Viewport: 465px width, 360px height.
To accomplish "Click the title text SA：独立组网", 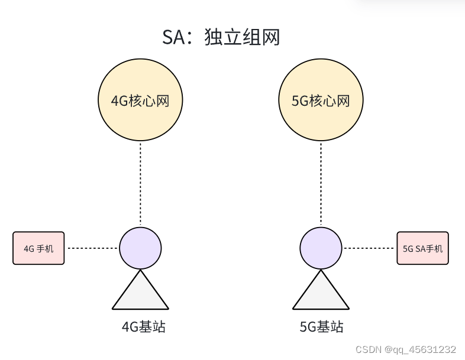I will [x=221, y=37].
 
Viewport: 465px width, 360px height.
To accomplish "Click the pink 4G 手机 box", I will [x=38, y=248].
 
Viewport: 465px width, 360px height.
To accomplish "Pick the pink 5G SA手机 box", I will [x=422, y=248].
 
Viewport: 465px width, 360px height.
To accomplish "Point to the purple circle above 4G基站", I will [x=140, y=248].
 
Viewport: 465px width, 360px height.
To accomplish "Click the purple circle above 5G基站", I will [x=321, y=248].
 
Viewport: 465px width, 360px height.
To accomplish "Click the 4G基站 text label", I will [x=140, y=327].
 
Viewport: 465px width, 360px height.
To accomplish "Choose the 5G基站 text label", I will [x=321, y=327].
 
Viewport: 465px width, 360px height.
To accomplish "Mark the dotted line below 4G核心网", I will [x=140, y=183].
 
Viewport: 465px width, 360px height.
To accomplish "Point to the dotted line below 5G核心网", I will [x=321, y=183].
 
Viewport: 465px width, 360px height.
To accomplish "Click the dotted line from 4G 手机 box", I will [x=92, y=248].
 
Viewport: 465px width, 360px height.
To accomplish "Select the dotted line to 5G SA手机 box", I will [x=369, y=248].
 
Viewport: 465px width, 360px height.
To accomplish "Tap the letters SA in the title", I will [x=173, y=37].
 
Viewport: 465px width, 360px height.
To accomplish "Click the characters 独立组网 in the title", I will [x=242, y=37].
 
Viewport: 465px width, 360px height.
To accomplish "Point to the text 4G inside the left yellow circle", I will [x=120, y=101].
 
